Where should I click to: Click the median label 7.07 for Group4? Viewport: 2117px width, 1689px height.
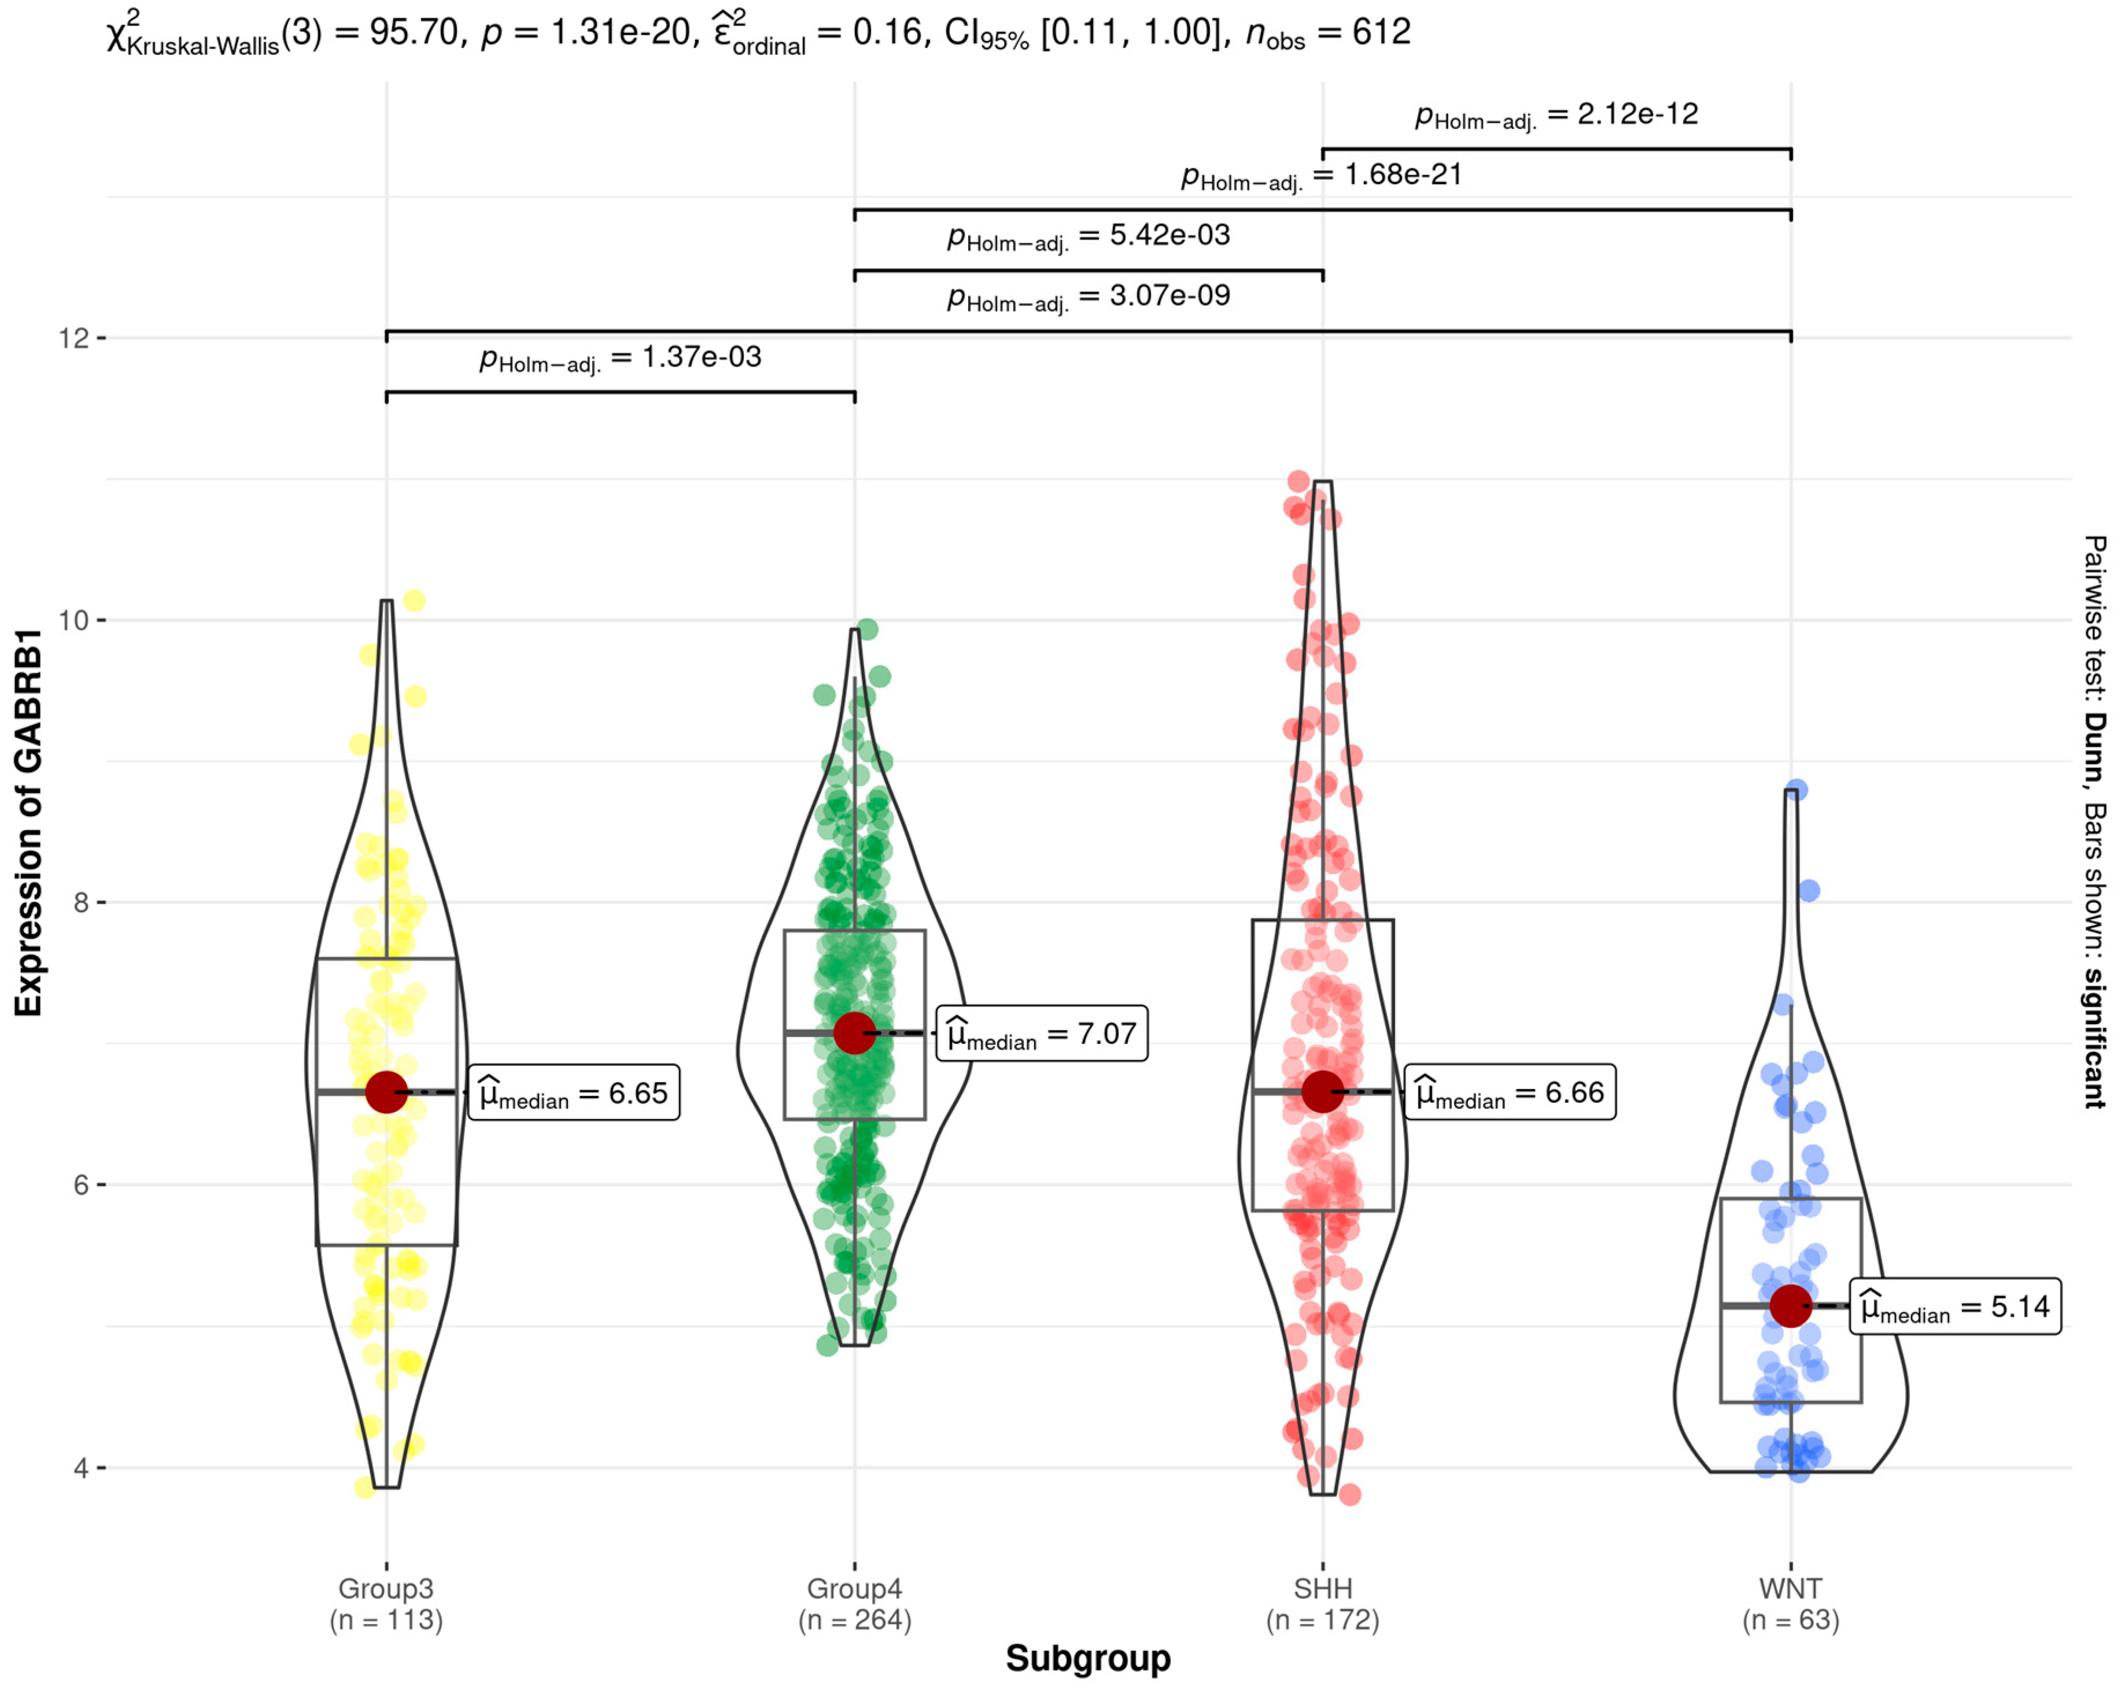tap(1042, 1034)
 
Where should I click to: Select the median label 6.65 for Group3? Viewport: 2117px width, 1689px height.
tap(573, 1092)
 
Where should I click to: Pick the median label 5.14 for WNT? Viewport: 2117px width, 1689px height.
tap(1955, 1306)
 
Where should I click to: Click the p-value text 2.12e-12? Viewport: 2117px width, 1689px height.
tap(1557, 115)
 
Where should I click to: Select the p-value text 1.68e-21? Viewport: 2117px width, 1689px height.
tap(1322, 176)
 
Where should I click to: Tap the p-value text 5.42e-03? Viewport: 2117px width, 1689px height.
tap(1088, 236)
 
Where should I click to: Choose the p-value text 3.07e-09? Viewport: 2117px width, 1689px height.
tap(1088, 297)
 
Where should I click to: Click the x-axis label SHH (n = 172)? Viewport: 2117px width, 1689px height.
tap(1323, 1603)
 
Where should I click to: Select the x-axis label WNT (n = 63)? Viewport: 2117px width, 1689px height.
tap(1791, 1603)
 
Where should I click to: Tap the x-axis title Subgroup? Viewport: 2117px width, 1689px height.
tap(1088, 1658)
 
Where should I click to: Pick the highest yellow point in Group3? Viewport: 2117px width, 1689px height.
tap(414, 601)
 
